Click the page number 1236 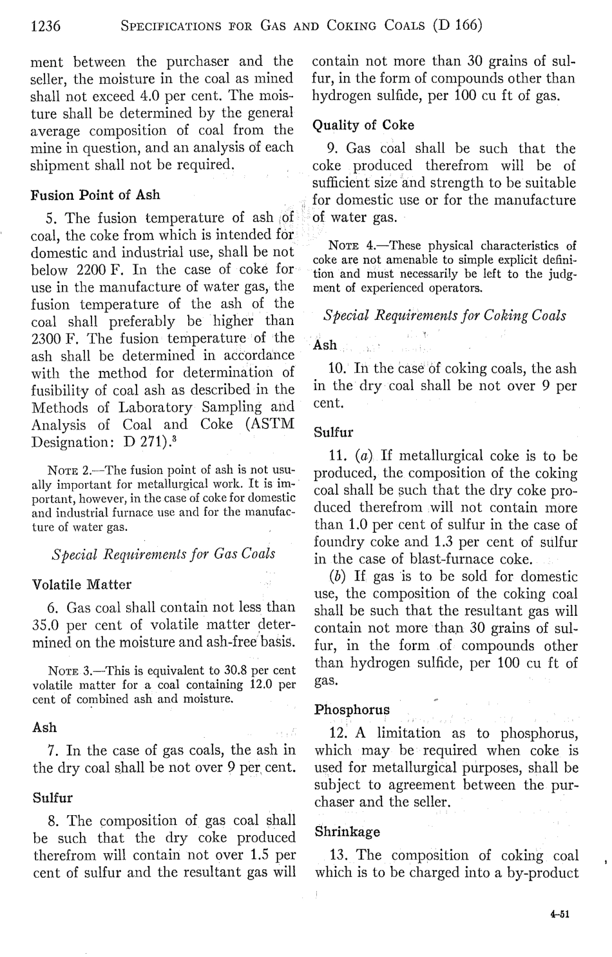pos(46,26)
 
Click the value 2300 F pos(54,338)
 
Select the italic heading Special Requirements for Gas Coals pos(163,553)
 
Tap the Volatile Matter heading pos(82,585)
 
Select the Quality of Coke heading pos(363,125)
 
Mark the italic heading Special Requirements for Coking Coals pos(445,316)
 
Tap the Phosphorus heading pos(352,710)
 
